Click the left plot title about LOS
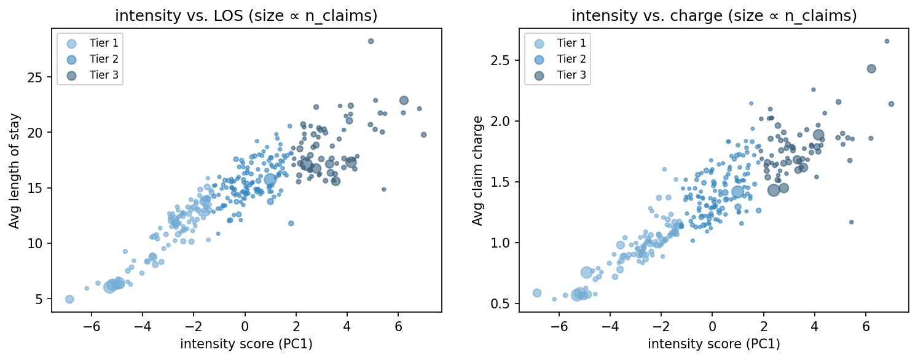point(246,17)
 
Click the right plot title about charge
point(714,17)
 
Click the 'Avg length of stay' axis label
point(14,171)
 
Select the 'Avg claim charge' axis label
point(477,171)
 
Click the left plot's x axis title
point(246,344)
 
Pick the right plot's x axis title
point(714,344)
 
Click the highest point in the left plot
point(371,41)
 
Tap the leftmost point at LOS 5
point(69,299)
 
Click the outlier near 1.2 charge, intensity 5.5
point(851,222)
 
